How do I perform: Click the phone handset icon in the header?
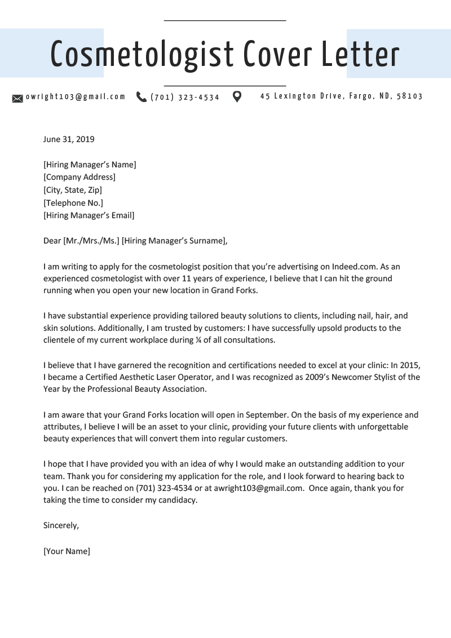[141, 97]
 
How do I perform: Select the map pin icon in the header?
[237, 97]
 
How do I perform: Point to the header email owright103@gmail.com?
[76, 97]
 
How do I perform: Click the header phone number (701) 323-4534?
[185, 98]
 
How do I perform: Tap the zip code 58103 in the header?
[410, 96]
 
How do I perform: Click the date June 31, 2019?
[69, 139]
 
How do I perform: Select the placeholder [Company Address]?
[79, 177]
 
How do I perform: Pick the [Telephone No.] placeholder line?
[73, 202]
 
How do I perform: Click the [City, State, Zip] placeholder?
[73, 190]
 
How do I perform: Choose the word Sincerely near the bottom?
[61, 525]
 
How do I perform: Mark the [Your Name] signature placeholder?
[67, 551]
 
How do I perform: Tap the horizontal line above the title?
[225, 21]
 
